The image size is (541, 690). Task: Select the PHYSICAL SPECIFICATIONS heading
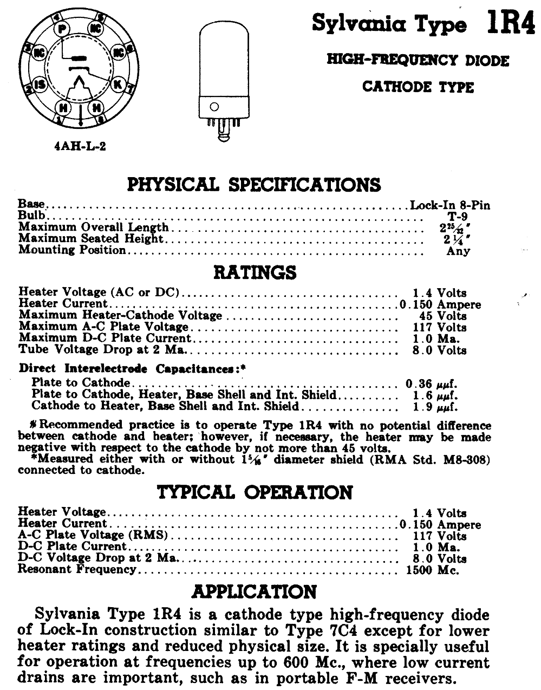[253, 185]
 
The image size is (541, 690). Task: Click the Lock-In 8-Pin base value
[449, 205]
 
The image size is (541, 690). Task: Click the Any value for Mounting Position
[458, 251]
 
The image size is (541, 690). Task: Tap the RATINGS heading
[255, 272]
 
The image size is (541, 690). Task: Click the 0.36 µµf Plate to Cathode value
[432, 383]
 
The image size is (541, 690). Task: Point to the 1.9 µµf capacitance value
[435, 407]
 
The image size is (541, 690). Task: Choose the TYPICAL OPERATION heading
[255, 492]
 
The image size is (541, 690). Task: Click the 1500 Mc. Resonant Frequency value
[432, 570]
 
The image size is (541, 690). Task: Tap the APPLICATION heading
[255, 591]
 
